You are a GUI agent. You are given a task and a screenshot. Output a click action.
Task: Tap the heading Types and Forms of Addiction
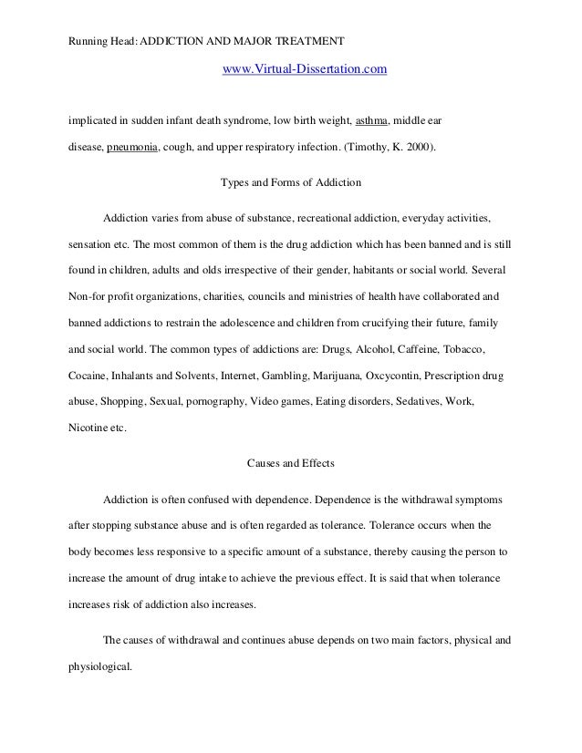(x=291, y=182)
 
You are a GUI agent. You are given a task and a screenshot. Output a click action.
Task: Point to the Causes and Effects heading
(x=291, y=463)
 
